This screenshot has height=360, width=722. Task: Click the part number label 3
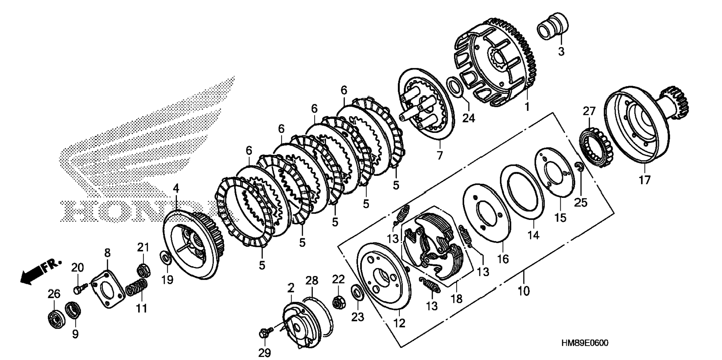coord(561,52)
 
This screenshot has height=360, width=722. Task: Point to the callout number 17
coord(644,180)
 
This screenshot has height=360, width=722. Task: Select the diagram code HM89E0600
coord(584,343)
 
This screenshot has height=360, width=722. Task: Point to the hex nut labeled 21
coord(144,269)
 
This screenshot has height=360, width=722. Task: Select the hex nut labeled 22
coord(339,301)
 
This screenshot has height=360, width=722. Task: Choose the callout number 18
coord(457,298)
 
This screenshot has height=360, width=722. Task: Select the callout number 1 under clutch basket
coord(527,107)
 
